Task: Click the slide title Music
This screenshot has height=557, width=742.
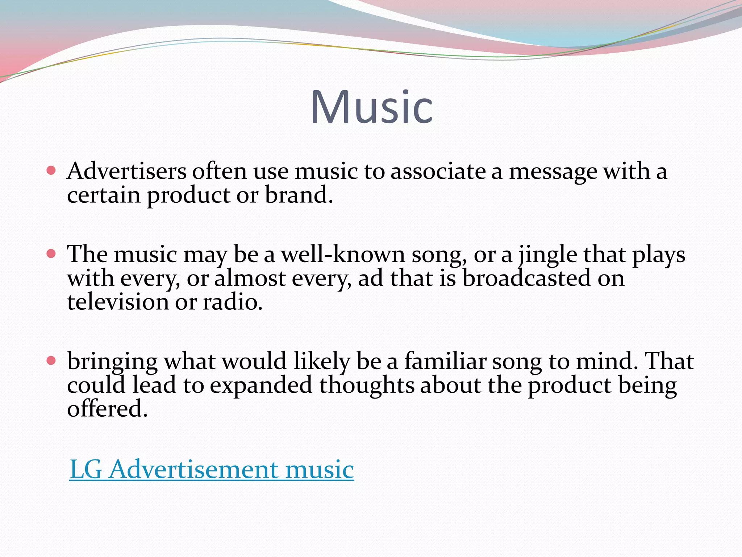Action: coord(371,107)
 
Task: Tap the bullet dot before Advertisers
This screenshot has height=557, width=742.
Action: coord(51,170)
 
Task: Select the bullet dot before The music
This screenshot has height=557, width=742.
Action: coord(51,253)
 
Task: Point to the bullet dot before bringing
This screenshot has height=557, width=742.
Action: coord(51,360)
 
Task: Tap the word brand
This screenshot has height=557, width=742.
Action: coord(299,195)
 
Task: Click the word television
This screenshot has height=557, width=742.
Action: coord(118,302)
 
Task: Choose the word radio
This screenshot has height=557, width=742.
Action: coord(232,302)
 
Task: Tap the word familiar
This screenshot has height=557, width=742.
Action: coord(445,361)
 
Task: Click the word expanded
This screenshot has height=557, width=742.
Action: coord(261,385)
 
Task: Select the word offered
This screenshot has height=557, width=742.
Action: coord(107,409)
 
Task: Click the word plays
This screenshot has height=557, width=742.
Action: coord(659,255)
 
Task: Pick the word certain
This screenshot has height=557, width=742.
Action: coord(104,195)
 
